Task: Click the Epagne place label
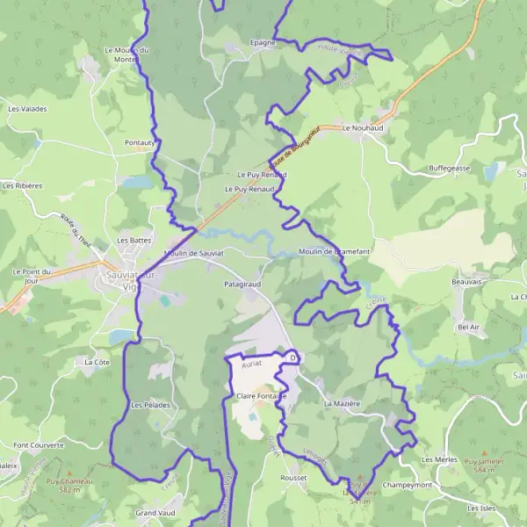[263, 41]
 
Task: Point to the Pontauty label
[140, 142]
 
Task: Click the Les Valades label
[27, 109]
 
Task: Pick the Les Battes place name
[134, 240]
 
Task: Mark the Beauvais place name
[468, 282]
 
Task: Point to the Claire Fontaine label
[262, 396]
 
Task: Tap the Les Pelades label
[149, 405]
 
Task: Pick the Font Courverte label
[39, 445]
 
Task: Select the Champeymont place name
[408, 485]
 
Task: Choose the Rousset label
[294, 478]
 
